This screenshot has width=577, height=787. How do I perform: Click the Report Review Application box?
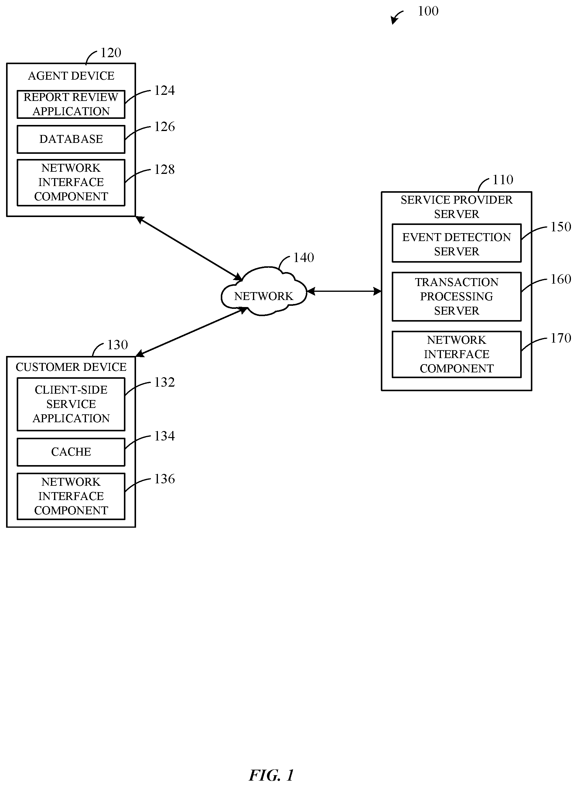point(71,104)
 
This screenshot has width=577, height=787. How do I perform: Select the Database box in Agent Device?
point(71,139)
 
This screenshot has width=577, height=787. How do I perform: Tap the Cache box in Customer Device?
point(71,452)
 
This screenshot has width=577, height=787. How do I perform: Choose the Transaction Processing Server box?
point(456,296)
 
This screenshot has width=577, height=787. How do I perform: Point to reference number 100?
point(428,11)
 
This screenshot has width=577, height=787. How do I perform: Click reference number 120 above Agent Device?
point(111,53)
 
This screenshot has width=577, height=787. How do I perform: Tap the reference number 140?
point(303,258)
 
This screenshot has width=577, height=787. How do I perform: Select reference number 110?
point(503,180)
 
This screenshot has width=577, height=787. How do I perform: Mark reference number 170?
point(561,338)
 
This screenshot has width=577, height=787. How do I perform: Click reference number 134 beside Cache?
point(164,436)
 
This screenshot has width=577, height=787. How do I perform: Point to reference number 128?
point(164,170)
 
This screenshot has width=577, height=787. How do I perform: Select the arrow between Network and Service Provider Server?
point(344,291)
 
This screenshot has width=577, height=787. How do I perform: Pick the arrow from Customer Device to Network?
point(191,332)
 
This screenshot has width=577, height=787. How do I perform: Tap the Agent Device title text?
point(71,76)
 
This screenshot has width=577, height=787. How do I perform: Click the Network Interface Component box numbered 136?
point(71,496)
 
